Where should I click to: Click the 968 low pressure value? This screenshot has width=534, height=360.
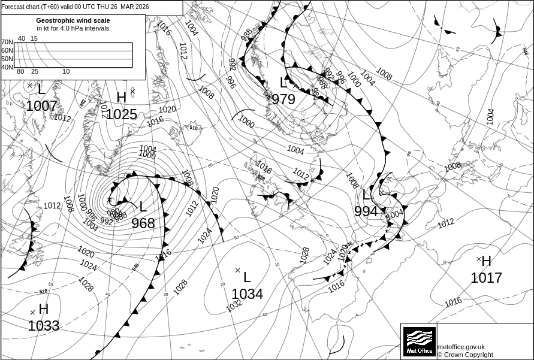tap(143, 223)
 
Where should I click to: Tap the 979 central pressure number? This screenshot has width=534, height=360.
tap(283, 99)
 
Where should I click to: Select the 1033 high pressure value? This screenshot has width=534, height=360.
tap(44, 326)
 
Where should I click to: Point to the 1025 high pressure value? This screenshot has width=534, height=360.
tap(122, 114)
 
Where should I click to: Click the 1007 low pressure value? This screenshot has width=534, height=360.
tap(41, 107)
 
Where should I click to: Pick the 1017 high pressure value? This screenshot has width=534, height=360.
tap(486, 278)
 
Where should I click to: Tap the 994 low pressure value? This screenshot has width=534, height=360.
tap(366, 211)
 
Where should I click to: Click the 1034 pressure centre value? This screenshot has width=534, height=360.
tap(247, 294)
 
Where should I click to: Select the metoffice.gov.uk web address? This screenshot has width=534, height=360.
tap(461, 347)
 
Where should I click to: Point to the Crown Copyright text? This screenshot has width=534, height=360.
tap(465, 355)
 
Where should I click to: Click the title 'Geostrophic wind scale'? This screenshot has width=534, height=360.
tap(73, 20)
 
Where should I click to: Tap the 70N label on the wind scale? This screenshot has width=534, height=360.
tap(7, 43)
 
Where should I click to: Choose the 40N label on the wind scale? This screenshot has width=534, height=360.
tap(7, 67)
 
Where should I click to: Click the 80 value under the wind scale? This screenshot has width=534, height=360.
tap(20, 72)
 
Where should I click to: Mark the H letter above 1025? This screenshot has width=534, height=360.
tap(122, 98)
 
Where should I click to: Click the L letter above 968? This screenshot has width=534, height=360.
tap(143, 207)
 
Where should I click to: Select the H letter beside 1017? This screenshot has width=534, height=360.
tap(486, 261)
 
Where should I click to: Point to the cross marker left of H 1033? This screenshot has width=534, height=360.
tap(32, 312)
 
